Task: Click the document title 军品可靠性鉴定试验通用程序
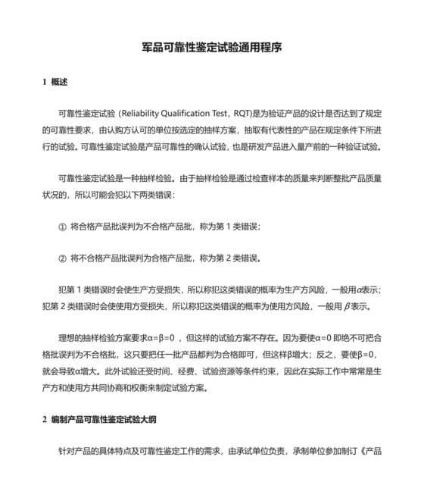[212, 47]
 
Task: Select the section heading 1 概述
[55, 82]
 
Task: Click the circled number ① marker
[63, 226]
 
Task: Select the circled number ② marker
[63, 258]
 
